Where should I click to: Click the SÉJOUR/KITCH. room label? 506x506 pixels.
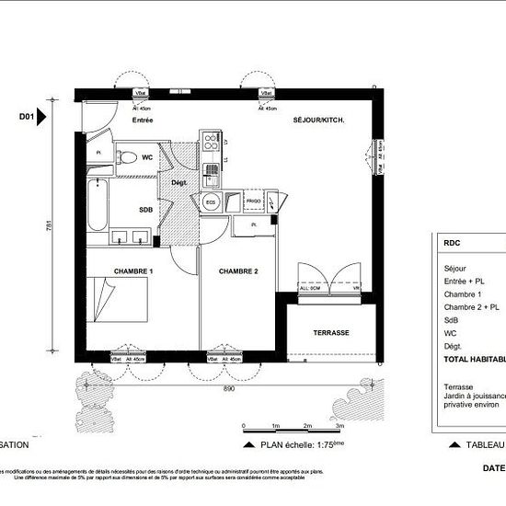(x=318, y=121)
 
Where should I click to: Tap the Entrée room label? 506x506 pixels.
(x=142, y=121)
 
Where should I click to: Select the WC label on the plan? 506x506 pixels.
(x=147, y=157)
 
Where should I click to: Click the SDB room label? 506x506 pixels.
(x=145, y=209)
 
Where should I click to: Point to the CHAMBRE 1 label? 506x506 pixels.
(x=133, y=271)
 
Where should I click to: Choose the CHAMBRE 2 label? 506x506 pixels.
(x=237, y=271)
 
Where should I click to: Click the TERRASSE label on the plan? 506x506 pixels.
(x=330, y=332)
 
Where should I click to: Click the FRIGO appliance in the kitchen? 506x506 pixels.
(x=253, y=200)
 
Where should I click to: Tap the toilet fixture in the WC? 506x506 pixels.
(x=129, y=155)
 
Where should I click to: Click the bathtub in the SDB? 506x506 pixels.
(x=96, y=207)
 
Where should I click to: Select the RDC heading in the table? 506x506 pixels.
(x=452, y=244)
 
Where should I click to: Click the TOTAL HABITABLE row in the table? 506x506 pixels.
(x=474, y=360)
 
